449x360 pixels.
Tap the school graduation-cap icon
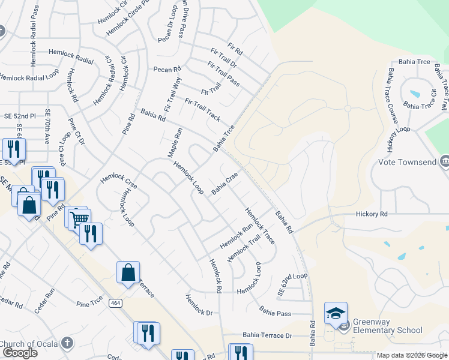(336, 313)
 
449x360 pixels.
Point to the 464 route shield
(115, 304)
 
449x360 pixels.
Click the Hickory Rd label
(372, 214)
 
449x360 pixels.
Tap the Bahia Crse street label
(225, 183)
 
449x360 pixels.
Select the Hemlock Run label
(236, 237)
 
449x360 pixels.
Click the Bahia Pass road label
(275, 312)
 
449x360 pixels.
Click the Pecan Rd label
(167, 69)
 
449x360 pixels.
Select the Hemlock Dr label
(199, 305)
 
